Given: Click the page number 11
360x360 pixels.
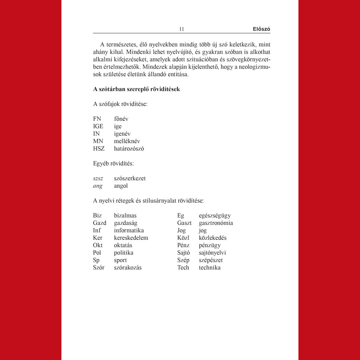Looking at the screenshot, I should [x=181, y=29].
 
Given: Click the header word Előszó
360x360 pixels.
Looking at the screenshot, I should [x=261, y=29].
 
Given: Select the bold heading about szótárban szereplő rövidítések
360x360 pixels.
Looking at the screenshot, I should [x=136, y=89].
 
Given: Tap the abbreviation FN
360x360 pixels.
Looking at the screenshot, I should [x=97, y=119].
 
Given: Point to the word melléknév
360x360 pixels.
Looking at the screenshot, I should [x=127, y=141].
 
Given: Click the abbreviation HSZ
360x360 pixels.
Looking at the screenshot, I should [x=99, y=148].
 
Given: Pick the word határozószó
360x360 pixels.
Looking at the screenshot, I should [x=129, y=148].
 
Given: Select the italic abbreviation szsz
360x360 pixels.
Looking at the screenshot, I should [x=98, y=178].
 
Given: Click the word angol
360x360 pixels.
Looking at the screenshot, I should [x=121, y=186].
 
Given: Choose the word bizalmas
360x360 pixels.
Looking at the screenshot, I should [x=125, y=216].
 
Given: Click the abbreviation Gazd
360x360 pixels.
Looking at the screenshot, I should [x=99, y=223].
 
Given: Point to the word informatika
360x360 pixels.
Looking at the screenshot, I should [x=129, y=230].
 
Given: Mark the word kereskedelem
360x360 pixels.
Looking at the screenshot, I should [x=131, y=238].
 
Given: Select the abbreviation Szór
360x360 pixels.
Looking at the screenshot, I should [x=99, y=268].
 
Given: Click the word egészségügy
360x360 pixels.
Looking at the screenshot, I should [x=215, y=216].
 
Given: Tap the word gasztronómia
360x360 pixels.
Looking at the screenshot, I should [x=216, y=223].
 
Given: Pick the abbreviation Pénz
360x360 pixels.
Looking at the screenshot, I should [x=184, y=245].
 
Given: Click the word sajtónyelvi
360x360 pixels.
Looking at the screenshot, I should [x=212, y=252].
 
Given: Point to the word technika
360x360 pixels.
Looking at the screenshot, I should [x=210, y=268].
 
